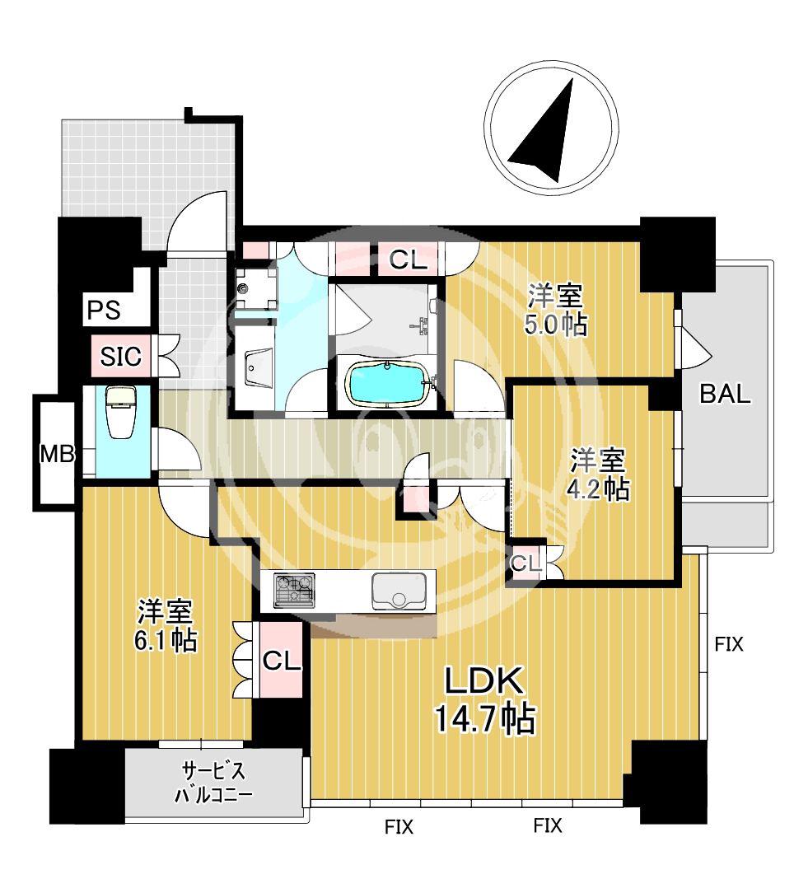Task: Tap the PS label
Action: (105, 310)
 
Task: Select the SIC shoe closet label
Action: (121, 356)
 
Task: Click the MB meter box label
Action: (58, 454)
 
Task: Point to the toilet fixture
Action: (118, 413)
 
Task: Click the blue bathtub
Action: (389, 384)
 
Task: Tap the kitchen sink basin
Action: (398, 591)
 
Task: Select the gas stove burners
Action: (294, 591)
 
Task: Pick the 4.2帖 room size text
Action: (598, 490)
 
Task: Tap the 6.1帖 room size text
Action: (166, 640)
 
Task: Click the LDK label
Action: (483, 680)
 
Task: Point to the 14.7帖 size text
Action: (484, 719)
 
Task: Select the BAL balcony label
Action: (725, 394)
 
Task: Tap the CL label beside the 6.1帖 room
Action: (282, 661)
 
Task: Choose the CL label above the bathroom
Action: (408, 259)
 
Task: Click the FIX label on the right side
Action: (730, 644)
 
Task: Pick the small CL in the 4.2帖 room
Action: (526, 563)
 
